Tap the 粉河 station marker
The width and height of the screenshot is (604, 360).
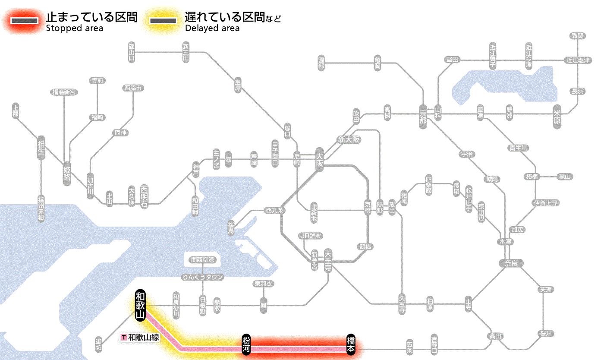pos(246,344)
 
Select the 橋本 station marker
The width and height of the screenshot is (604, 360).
pos(351,344)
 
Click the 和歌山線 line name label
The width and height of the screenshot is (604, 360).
pos(141,337)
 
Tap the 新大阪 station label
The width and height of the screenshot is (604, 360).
pos(349,139)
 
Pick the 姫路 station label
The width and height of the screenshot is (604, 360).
pos(67,173)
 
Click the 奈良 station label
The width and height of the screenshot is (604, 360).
pos(510,263)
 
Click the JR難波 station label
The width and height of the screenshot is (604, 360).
pos(311,236)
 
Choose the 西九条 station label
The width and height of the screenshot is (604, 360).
pos(274,211)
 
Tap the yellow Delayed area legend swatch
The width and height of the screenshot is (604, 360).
pos(163,21)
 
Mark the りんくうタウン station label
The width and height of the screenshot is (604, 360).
pos(202,277)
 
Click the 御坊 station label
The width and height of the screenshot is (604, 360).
pos(99,344)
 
